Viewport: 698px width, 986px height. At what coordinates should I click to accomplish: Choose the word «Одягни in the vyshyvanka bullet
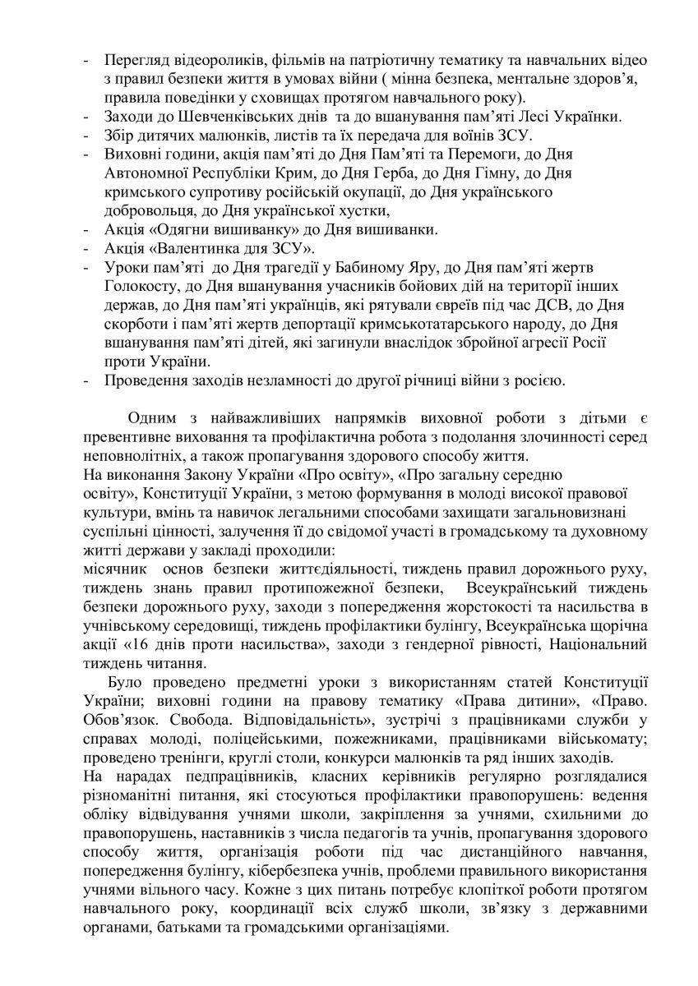[181, 228]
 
